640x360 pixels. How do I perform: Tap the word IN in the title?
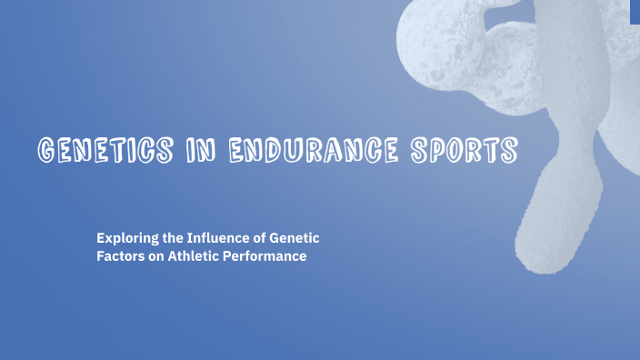tap(192, 150)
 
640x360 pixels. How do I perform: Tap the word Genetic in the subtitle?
tap(296, 238)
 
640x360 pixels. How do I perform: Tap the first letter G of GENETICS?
tap(42, 150)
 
